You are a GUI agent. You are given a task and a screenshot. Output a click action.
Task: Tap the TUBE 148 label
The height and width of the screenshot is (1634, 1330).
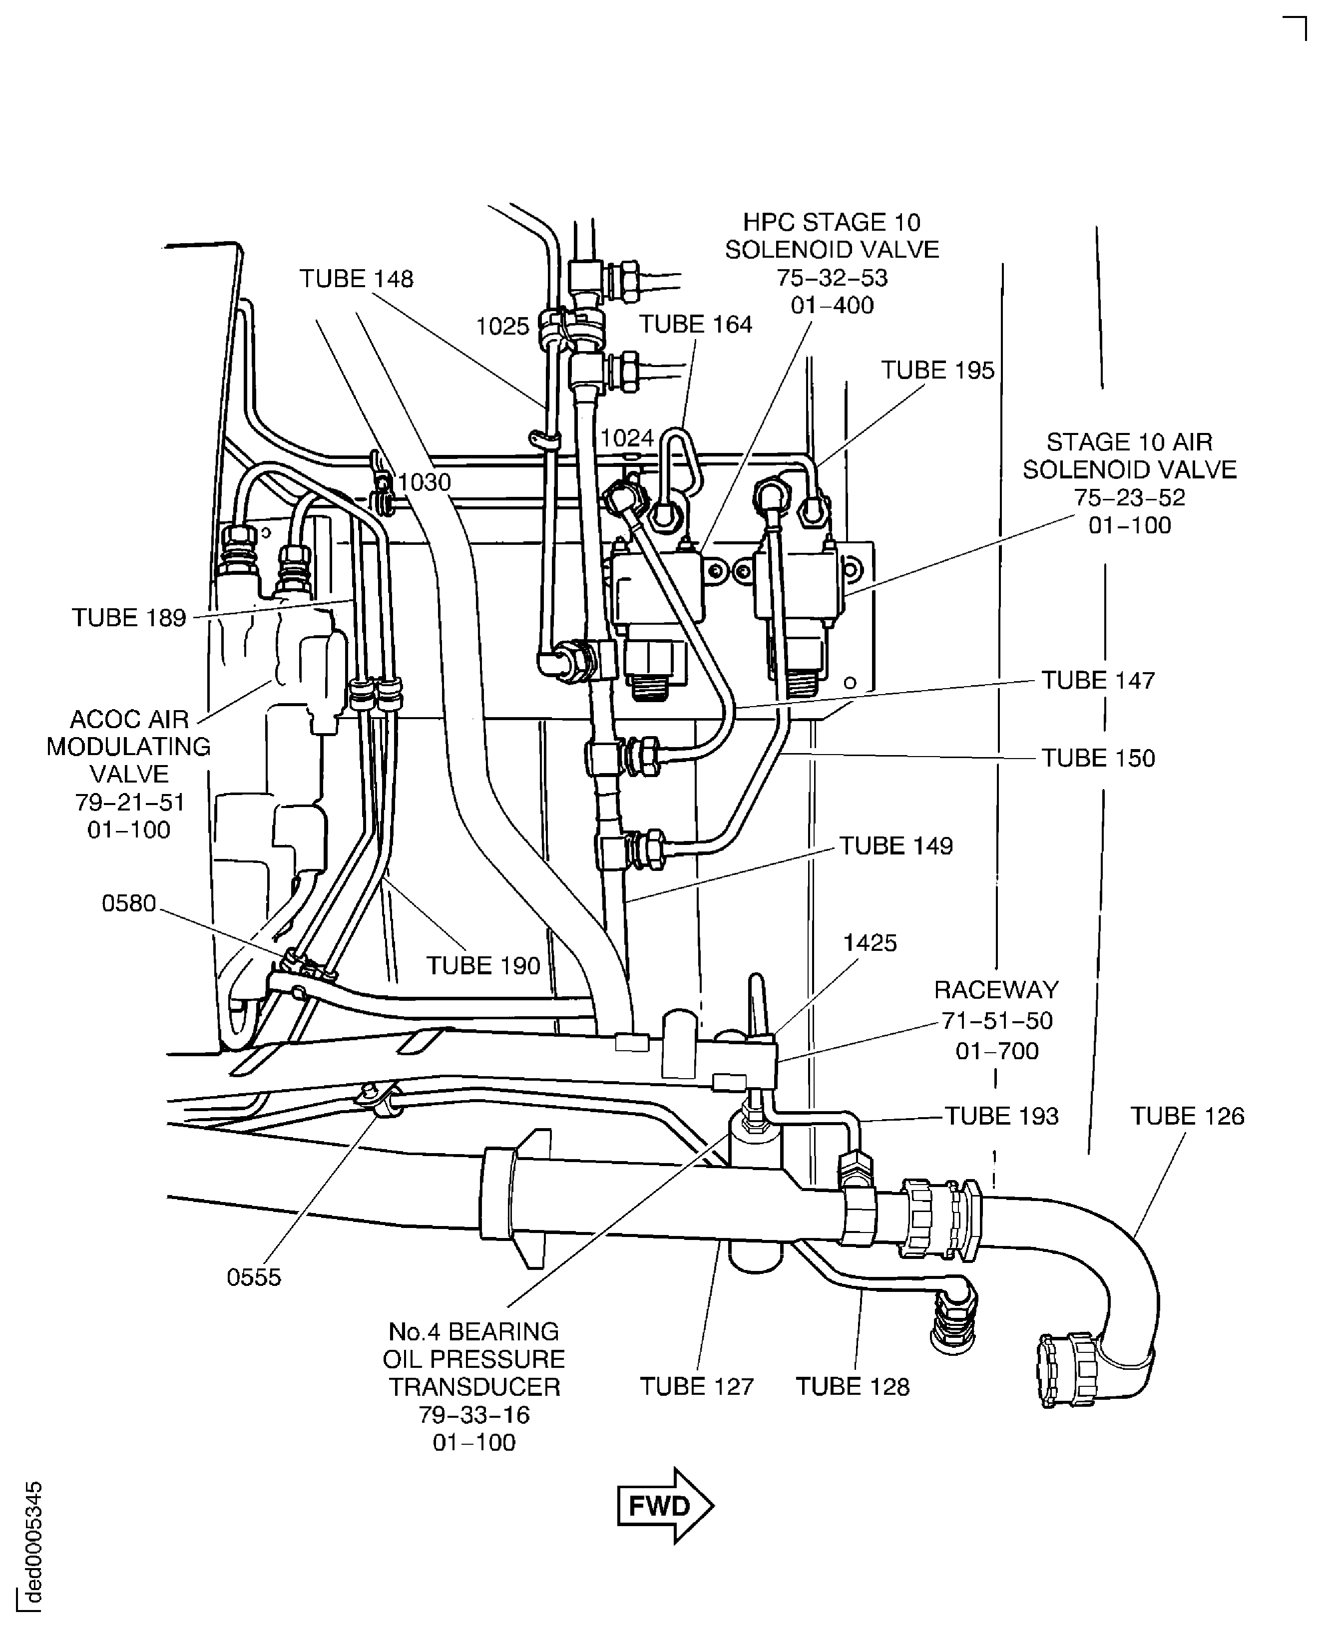click(x=356, y=279)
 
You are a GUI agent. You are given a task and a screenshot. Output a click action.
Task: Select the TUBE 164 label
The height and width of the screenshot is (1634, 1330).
click(x=696, y=325)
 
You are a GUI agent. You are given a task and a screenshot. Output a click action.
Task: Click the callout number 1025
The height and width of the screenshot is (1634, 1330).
click(x=502, y=327)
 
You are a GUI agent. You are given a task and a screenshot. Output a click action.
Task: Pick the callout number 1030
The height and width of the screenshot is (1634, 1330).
click(x=425, y=482)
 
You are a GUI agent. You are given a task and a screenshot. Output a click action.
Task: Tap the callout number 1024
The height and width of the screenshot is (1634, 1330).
click(x=627, y=438)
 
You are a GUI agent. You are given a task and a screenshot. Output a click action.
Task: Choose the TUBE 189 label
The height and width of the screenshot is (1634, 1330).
click(x=129, y=618)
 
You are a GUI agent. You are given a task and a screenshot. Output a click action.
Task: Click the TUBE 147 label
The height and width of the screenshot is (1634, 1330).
click(x=1097, y=681)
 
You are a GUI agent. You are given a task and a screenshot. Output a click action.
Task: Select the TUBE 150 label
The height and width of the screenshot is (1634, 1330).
click(x=1097, y=759)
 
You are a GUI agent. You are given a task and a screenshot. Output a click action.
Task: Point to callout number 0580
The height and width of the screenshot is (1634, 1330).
click(x=129, y=904)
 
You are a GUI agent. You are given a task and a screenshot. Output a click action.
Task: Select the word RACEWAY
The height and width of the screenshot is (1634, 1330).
click(x=996, y=990)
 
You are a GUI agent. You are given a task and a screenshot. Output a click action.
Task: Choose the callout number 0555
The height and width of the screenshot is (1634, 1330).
click(x=254, y=1278)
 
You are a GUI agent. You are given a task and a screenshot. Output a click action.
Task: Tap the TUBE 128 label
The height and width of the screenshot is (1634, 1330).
click(x=852, y=1387)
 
